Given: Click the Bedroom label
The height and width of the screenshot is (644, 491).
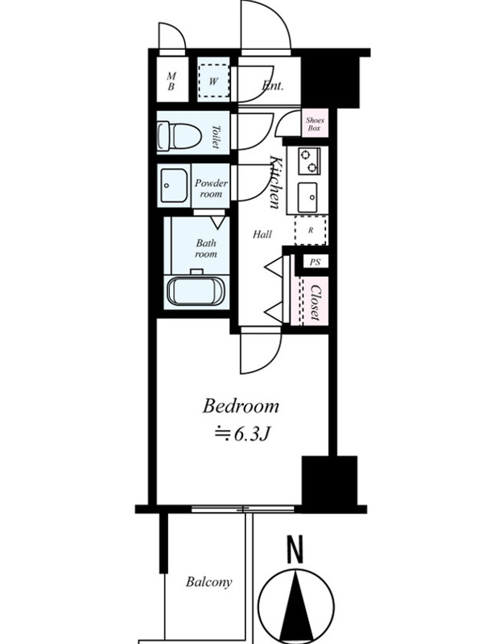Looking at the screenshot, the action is pyautogui.click(x=241, y=407).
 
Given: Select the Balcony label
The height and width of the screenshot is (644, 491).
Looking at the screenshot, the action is pyautogui.click(x=209, y=582).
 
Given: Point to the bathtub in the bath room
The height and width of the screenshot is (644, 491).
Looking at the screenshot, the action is pyautogui.click(x=196, y=291).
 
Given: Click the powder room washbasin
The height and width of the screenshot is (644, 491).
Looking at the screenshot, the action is pyautogui.click(x=174, y=185).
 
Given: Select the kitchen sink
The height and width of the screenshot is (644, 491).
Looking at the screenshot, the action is pyautogui.click(x=307, y=197).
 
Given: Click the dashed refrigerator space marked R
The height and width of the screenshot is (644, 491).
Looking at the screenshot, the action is pyautogui.click(x=311, y=230).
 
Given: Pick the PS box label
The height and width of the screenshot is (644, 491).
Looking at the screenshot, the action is pyautogui.click(x=315, y=262).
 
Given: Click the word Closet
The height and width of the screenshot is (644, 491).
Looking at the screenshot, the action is pyautogui.click(x=316, y=303).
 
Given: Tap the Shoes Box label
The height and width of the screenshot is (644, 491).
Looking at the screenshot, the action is pyautogui.click(x=315, y=124).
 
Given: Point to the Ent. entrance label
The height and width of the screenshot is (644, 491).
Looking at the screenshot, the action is pyautogui.click(x=272, y=86).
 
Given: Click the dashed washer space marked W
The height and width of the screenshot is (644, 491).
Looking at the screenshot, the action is pyautogui.click(x=213, y=81).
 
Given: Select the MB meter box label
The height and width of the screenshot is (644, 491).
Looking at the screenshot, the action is pyautogui.click(x=171, y=81).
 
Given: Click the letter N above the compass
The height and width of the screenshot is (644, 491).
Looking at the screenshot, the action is pyautogui.click(x=295, y=549).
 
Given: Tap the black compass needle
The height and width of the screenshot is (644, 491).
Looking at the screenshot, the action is pyautogui.click(x=296, y=607).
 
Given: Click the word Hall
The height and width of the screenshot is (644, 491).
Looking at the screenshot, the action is pyautogui.click(x=262, y=234).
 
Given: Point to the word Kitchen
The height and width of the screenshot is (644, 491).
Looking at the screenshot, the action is pyautogui.click(x=275, y=182).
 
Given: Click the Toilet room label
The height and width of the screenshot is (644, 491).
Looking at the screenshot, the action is pyautogui.click(x=216, y=136).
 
